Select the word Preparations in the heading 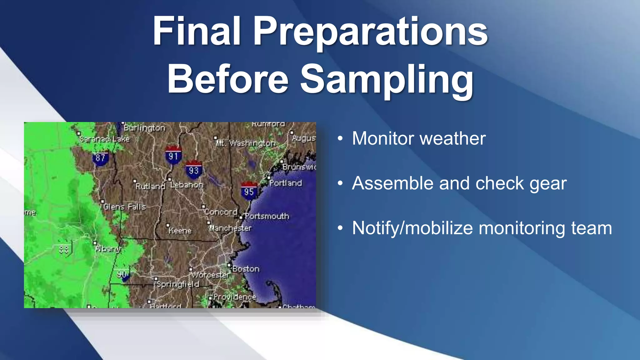(371, 31)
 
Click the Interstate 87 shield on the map (101, 158)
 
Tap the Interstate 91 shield (173, 156)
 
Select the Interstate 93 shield (194, 170)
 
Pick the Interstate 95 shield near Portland (249, 191)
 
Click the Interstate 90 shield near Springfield (122, 274)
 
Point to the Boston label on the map (246, 269)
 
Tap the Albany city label (108, 249)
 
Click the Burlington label (144, 128)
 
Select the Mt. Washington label (246, 143)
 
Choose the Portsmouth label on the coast (267, 216)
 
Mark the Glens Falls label (125, 207)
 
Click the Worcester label (211, 275)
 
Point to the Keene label (180, 231)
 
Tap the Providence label (235, 297)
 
